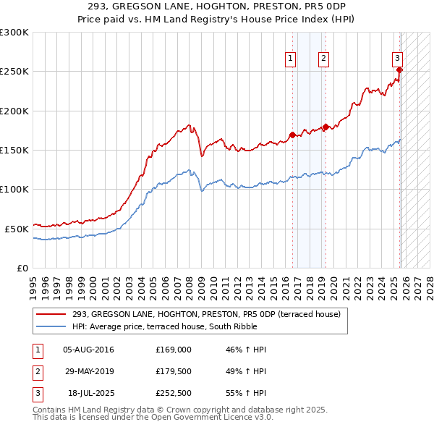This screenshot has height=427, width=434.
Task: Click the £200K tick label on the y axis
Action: (14, 111)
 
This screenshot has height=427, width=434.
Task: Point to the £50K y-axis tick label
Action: (17, 228)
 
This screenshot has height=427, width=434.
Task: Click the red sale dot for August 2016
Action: (292, 135)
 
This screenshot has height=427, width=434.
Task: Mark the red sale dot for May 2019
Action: (325, 127)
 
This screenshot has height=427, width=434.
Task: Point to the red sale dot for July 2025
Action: (400, 70)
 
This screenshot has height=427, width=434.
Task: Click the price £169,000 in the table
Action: (174, 350)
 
